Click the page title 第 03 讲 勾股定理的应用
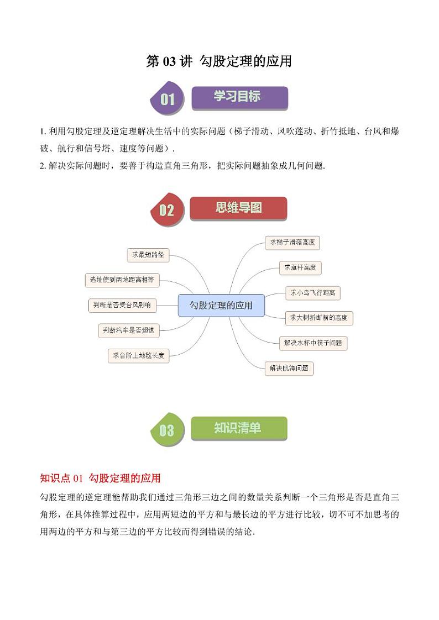coord(219,61)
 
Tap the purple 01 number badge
coord(167,99)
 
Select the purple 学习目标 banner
coord(239,97)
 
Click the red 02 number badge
coord(166,210)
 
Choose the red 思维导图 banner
coord(238,208)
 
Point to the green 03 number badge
coord(166,430)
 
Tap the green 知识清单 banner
coord(238,428)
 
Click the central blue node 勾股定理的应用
coord(221,305)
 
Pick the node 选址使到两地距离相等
coord(122,280)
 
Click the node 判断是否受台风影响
coord(122,304)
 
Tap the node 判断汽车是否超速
coord(128,330)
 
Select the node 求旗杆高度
coord(300,267)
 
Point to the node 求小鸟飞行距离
coord(313,292)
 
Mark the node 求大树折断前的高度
coord(318,318)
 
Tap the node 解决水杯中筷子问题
coord(313,343)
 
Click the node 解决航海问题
coord(289,368)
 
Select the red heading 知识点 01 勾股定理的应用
coord(101,477)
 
